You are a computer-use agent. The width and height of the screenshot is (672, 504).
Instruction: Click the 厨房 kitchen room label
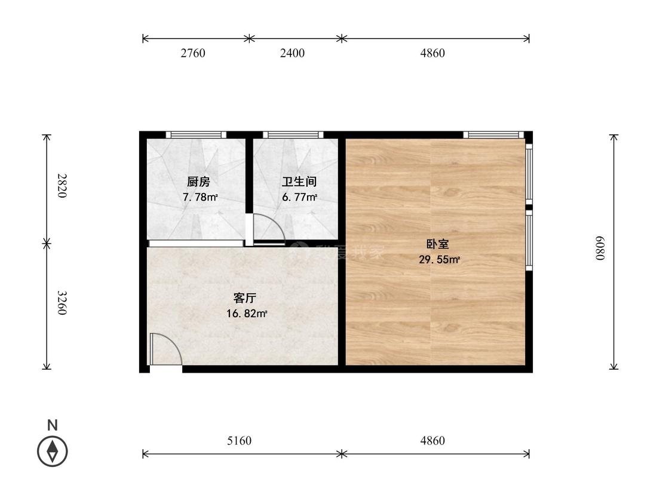(x=198, y=182)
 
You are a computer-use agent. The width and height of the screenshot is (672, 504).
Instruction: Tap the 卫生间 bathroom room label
(x=299, y=182)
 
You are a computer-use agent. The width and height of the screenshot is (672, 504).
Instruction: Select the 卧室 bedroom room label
(x=437, y=244)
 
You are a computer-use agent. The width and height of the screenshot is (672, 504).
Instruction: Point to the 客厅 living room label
(x=244, y=298)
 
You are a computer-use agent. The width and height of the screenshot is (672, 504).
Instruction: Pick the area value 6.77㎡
(x=299, y=197)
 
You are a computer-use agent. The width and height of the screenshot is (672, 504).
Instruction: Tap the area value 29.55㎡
(x=439, y=260)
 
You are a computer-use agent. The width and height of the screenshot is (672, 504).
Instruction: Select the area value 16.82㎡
(x=246, y=314)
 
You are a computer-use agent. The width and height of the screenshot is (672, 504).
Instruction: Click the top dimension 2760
(x=193, y=53)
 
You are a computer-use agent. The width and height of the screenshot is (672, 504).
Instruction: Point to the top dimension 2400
(x=292, y=53)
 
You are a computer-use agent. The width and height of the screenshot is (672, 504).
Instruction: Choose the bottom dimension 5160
(x=240, y=441)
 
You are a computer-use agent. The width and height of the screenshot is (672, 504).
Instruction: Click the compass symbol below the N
(x=53, y=451)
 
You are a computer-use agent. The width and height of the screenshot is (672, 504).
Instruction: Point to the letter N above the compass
(x=53, y=426)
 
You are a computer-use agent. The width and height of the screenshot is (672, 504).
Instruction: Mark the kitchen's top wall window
(x=196, y=135)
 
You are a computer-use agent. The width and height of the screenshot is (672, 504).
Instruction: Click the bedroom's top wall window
(x=493, y=135)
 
